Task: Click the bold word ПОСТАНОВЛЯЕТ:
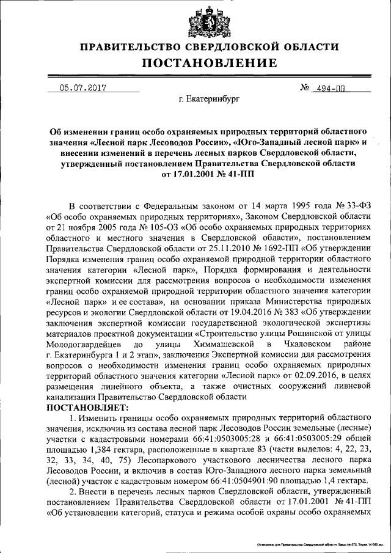[x=86, y=407]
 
